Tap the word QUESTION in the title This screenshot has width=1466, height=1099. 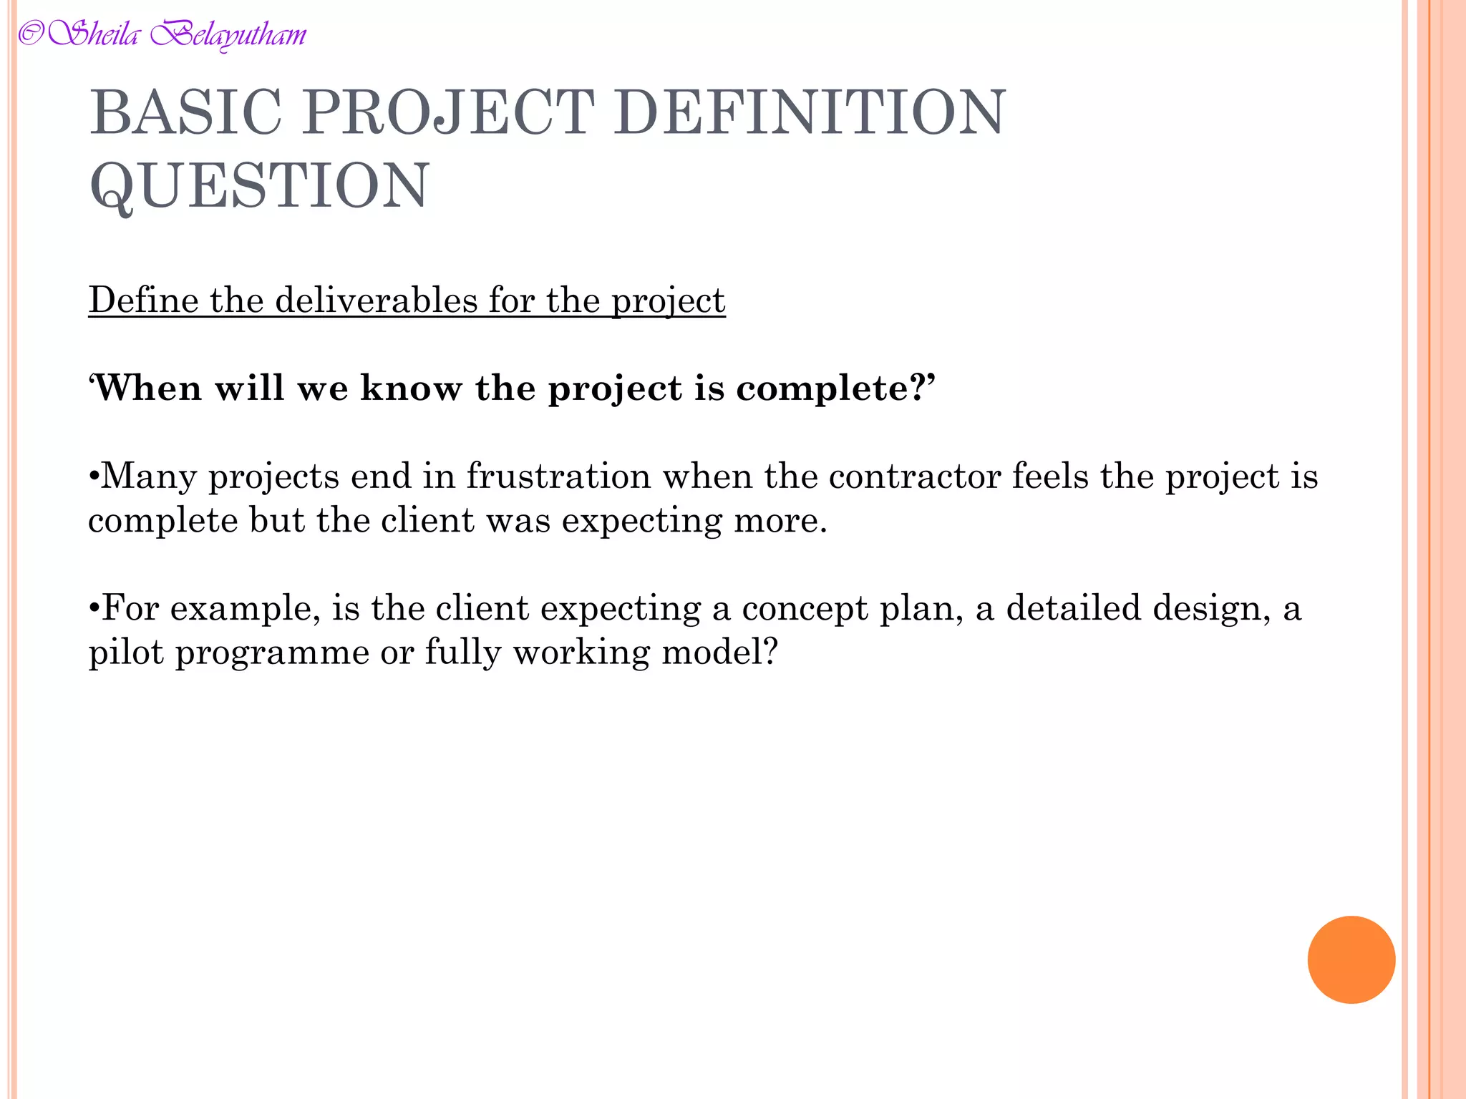[x=259, y=186]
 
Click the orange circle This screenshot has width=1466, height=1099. [x=1351, y=959]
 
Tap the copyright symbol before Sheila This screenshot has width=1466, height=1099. [x=30, y=34]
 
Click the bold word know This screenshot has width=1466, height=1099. [x=411, y=389]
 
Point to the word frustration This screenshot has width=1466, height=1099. [x=558, y=477]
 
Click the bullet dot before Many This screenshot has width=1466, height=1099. [x=94, y=477]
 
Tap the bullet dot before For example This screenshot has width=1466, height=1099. [x=94, y=609]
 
